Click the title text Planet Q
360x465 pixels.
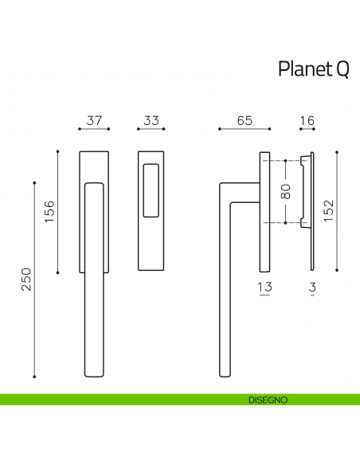313,70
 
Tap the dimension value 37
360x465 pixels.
94,121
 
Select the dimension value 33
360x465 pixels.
148,121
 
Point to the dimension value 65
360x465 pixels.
245,121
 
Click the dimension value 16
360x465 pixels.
307,121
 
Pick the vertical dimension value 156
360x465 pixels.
49,212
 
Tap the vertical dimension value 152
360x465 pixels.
328,212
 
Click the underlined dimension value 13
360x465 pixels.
265,287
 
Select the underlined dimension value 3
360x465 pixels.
313,287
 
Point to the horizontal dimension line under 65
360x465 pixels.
245,129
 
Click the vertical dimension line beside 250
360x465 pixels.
35,279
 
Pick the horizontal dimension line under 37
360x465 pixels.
94,129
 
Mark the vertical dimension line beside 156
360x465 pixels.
59,212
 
